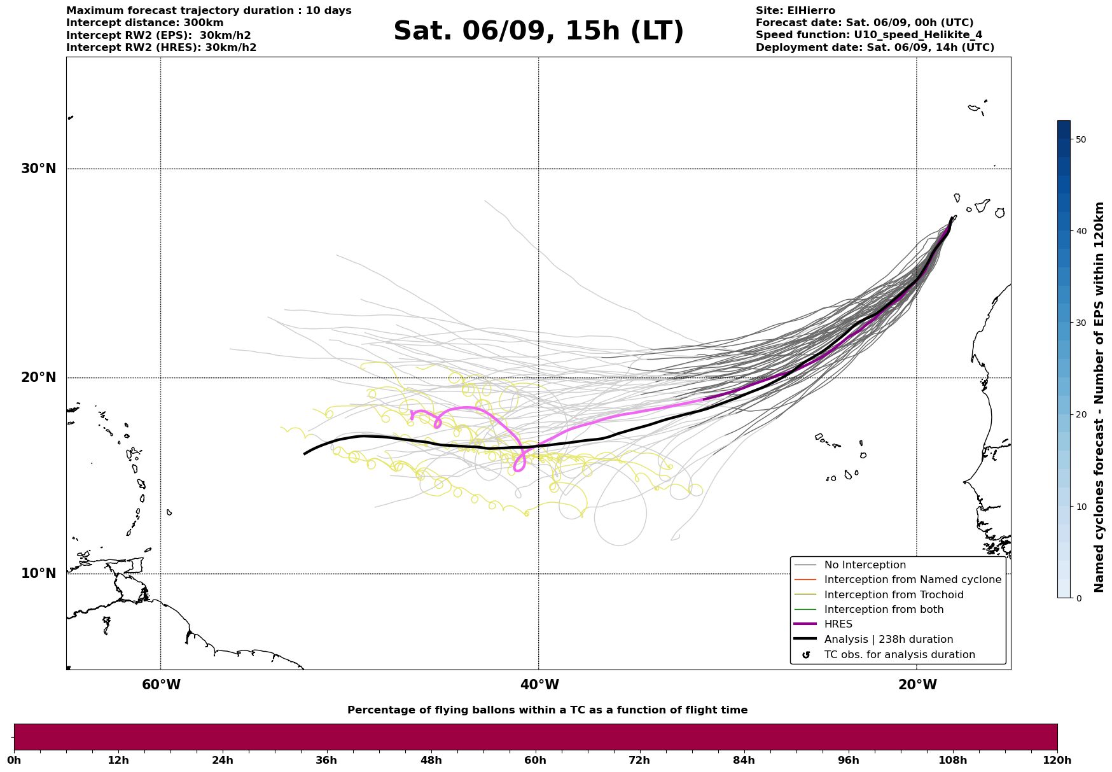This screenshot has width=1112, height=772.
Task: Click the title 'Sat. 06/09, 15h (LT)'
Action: click(x=538, y=31)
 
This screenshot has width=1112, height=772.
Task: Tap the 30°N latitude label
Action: click(x=38, y=169)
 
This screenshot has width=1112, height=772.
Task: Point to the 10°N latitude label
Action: click(x=38, y=573)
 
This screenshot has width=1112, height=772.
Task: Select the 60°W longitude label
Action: click(x=161, y=685)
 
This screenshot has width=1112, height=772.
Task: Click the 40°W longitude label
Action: click(x=539, y=685)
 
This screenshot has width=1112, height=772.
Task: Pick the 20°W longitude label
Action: click(x=917, y=685)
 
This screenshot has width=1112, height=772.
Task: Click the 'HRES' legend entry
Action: click(x=838, y=624)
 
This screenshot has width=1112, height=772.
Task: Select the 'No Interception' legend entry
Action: click(x=865, y=565)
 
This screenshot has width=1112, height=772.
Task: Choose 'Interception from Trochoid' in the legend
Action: click(x=893, y=595)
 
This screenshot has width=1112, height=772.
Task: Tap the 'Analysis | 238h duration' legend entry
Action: click(x=888, y=640)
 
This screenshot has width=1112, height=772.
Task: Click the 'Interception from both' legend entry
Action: click(x=884, y=610)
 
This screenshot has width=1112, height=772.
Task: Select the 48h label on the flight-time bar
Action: click(x=431, y=760)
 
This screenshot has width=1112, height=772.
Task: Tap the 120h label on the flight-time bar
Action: click(x=1057, y=760)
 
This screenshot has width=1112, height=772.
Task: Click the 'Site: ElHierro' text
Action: click(x=795, y=11)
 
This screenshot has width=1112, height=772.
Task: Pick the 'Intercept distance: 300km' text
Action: click(x=145, y=23)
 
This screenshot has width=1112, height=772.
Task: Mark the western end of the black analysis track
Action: click(x=305, y=454)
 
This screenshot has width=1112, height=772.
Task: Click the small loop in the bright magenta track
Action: click(x=437, y=423)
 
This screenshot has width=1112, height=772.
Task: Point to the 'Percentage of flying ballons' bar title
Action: click(x=547, y=710)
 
